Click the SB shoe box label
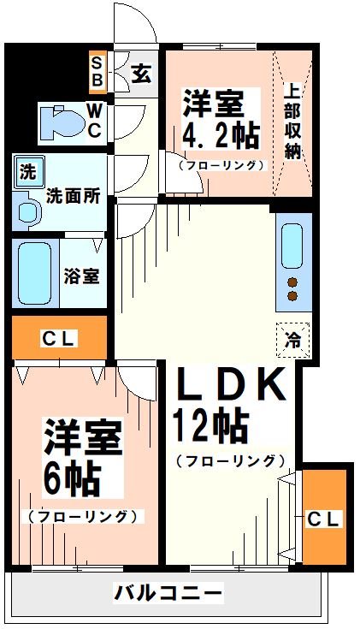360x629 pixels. click(97, 72)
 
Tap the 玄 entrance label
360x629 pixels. click(142, 73)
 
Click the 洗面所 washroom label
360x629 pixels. click(74, 195)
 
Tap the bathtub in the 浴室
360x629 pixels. click(34, 271)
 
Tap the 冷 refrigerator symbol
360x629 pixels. click(291, 338)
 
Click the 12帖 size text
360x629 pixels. click(210, 423)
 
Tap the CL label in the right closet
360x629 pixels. click(324, 518)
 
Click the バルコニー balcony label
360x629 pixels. click(168, 593)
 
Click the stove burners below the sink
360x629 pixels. click(292, 289)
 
